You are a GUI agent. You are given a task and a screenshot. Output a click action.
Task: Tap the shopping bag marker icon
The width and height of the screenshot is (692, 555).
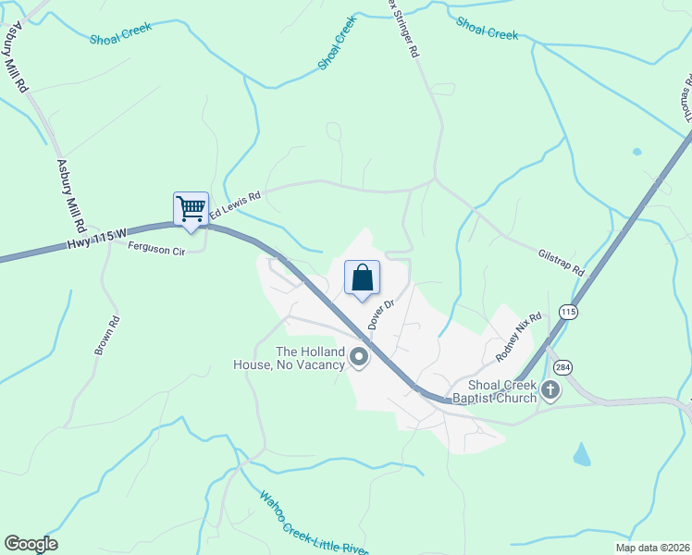(x=363, y=277)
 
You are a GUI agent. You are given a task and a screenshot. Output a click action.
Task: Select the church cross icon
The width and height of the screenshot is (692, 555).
(x=550, y=389)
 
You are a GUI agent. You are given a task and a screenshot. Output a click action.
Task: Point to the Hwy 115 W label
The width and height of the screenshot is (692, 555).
(x=97, y=241)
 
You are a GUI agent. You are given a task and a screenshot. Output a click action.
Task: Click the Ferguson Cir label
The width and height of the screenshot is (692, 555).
(x=157, y=248)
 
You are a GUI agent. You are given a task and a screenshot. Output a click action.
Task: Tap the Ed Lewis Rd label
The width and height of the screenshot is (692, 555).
(x=235, y=205)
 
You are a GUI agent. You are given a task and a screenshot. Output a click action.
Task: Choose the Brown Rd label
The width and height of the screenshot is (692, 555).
(x=107, y=338)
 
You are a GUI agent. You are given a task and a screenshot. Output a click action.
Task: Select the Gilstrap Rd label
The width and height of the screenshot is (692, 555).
(x=562, y=262)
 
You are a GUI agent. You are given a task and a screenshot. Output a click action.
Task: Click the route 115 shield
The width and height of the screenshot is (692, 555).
(x=569, y=313)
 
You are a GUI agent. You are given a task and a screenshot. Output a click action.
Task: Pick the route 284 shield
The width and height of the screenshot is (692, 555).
(x=563, y=367)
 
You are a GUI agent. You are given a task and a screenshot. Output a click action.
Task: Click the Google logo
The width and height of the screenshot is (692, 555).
(x=31, y=544)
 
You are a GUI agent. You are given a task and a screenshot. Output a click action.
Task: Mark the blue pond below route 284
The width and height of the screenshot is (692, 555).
(x=582, y=454)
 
